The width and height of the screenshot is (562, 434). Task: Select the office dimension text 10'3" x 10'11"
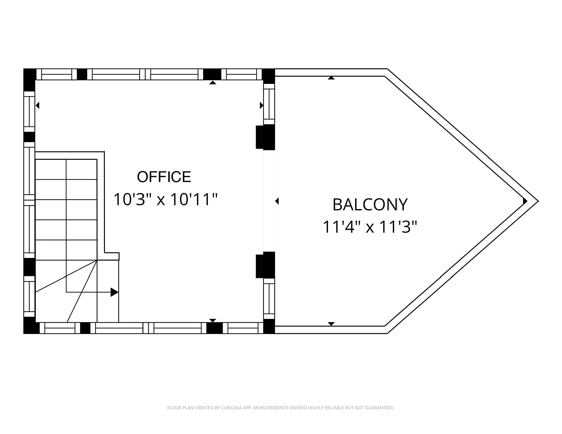click(165, 200)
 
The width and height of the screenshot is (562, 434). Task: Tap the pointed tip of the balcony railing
click(538, 201)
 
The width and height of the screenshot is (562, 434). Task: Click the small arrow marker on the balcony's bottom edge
click(331, 324)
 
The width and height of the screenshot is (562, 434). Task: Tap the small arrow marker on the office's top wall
click(213, 82)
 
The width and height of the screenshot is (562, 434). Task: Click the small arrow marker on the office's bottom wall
click(213, 320)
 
